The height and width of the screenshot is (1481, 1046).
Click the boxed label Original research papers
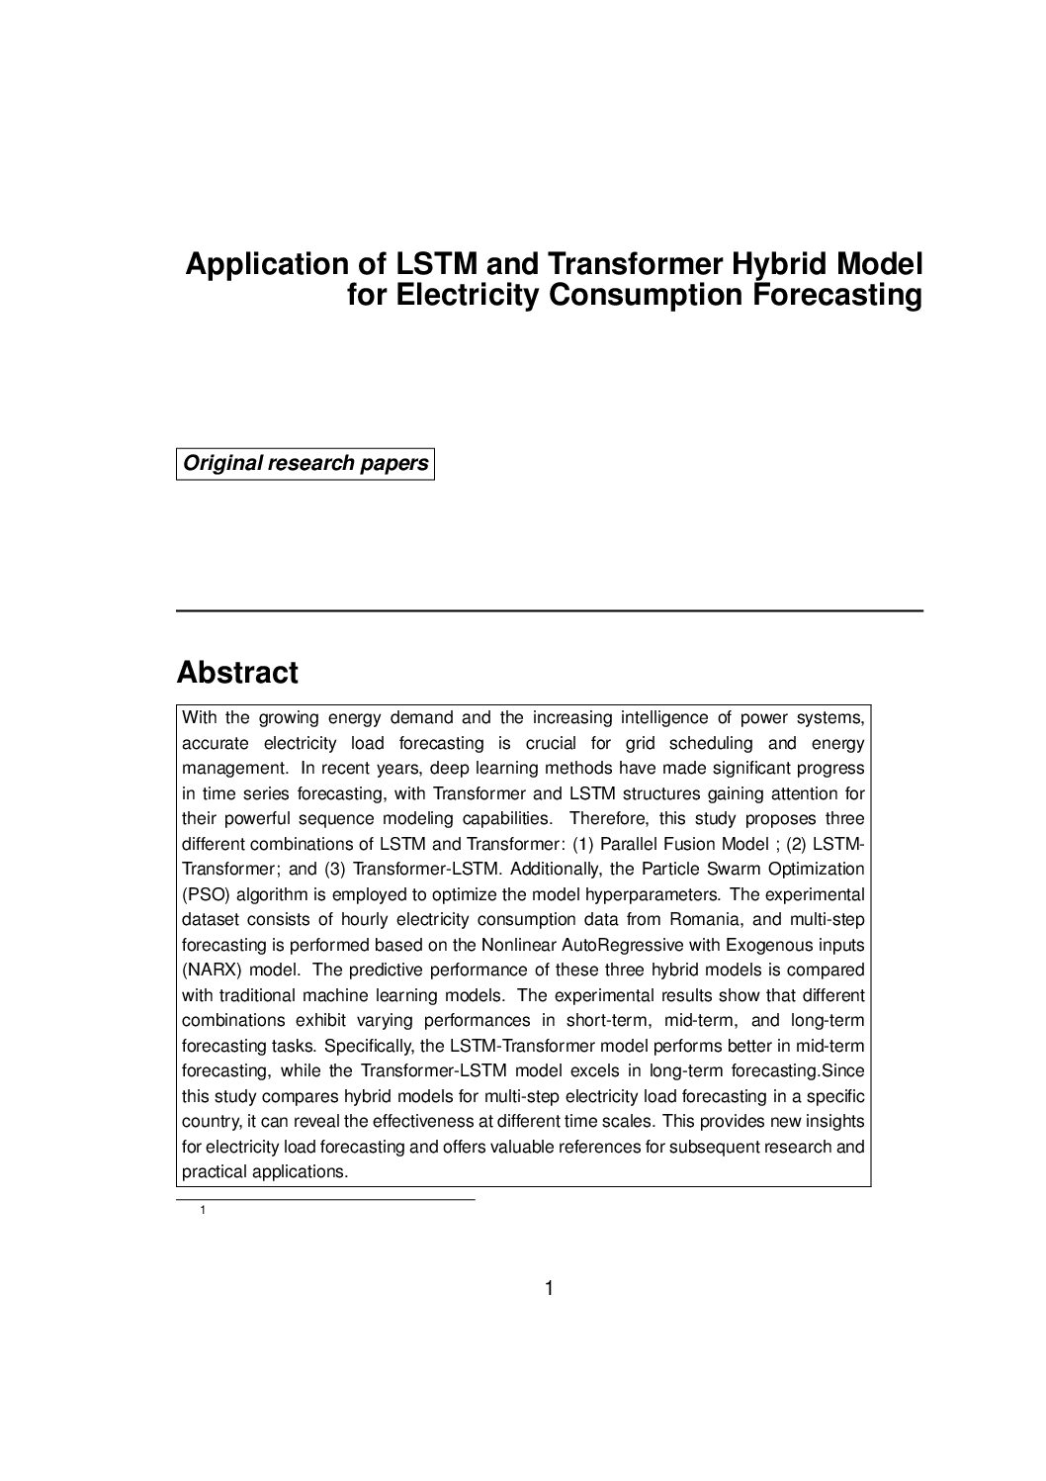(305, 463)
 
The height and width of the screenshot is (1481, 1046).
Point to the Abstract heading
(237, 673)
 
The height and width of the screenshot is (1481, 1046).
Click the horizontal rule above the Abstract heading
(549, 611)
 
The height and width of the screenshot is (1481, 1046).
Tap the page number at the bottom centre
(549, 1288)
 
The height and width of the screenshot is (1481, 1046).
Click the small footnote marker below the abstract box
(203, 1210)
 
